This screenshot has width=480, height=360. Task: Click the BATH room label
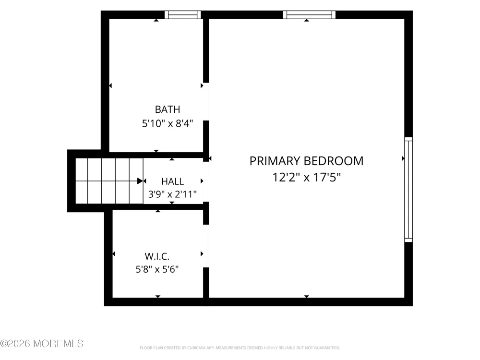coord(168,109)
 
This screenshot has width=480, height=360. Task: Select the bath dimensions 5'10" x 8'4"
coord(168,123)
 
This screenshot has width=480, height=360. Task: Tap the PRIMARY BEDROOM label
coord(306,161)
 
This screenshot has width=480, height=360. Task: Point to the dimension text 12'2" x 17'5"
coord(306,177)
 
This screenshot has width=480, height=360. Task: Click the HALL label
coord(173,181)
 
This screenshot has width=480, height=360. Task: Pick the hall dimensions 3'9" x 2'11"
coord(172,194)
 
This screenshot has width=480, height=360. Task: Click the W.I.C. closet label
coord(157,256)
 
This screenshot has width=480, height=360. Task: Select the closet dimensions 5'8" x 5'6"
coord(157,269)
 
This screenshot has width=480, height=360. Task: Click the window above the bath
coord(183,15)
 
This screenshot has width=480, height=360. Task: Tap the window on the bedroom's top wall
coord(309,15)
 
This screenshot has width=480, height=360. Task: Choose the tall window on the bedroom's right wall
coord(408,190)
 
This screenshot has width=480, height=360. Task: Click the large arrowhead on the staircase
coord(140,181)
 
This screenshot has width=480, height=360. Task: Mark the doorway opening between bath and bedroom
coord(206,102)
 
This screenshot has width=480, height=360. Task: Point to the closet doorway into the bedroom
coord(206,246)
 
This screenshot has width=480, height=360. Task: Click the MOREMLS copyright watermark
coord(42,344)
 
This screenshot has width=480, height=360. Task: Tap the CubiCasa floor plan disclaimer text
coord(240,348)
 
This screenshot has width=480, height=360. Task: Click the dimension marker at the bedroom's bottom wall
coord(306,296)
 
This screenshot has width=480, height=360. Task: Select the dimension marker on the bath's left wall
coord(110,86)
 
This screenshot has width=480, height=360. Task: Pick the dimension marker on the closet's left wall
coord(114,254)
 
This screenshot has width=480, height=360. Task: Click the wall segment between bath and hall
coord(156,155)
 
